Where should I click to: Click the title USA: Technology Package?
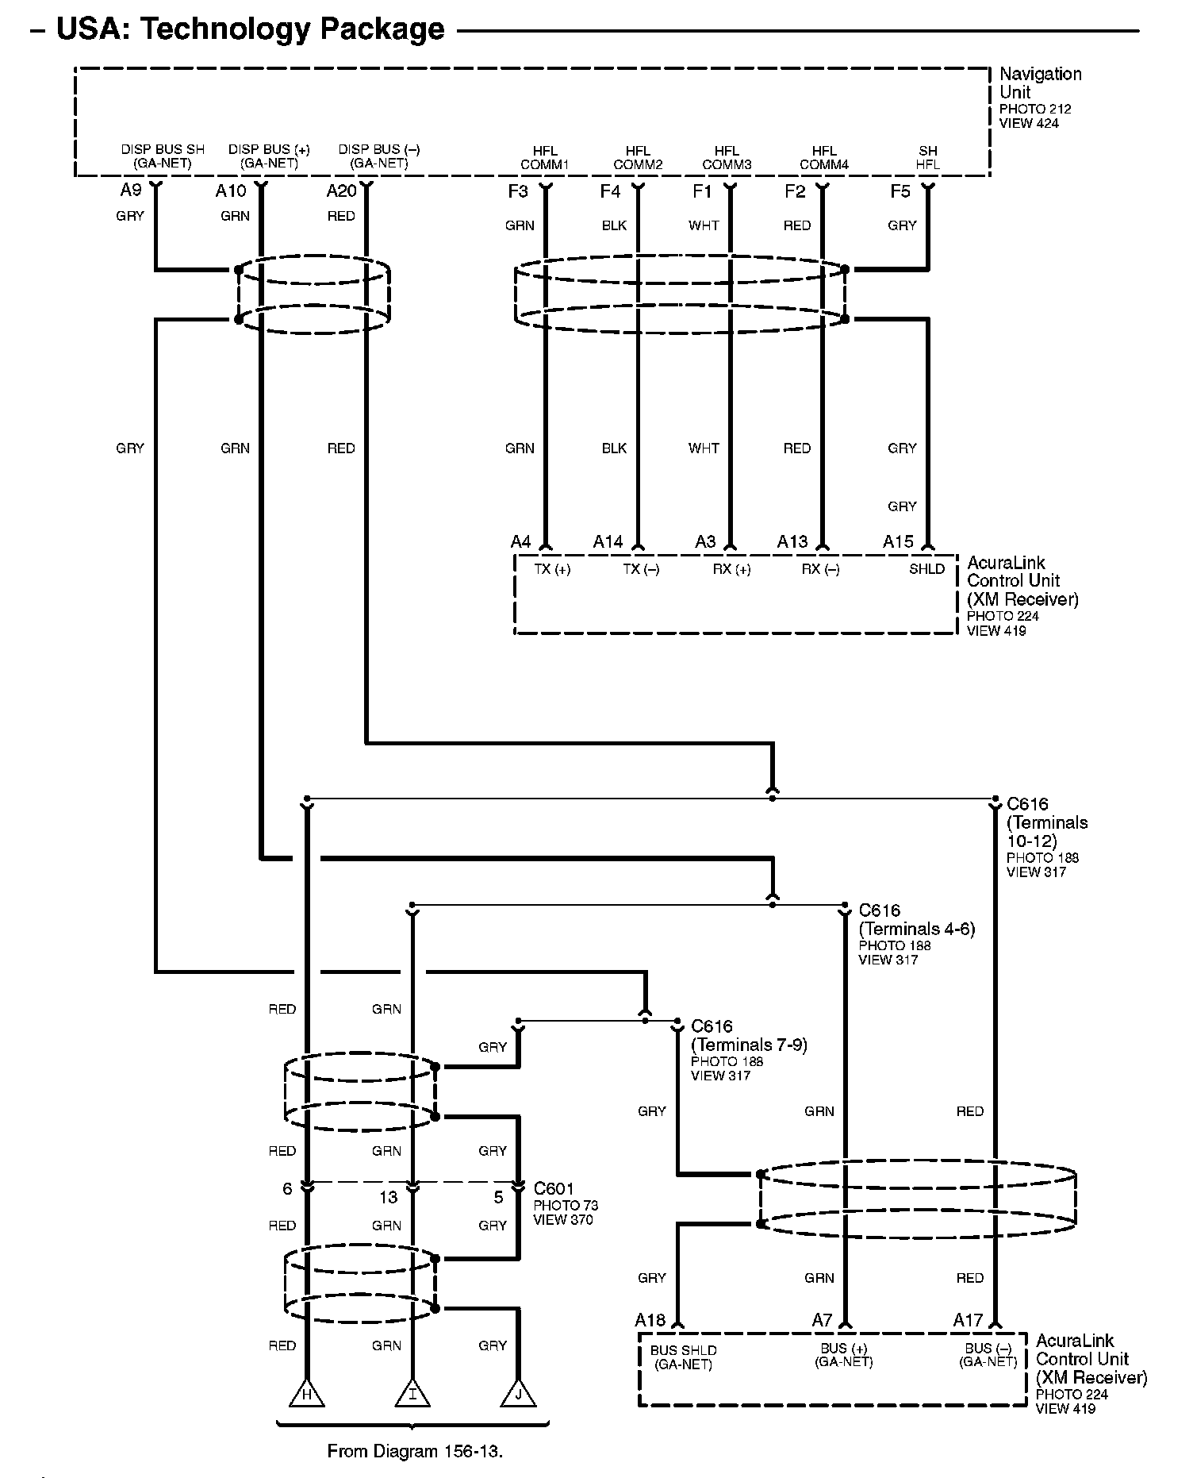250,29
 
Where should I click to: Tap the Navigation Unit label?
1039,83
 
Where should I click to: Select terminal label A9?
131,191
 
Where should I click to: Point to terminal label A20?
341,191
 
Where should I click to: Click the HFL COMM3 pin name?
727,158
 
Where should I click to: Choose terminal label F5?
900,191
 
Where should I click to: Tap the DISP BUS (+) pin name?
269,156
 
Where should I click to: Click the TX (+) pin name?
552,569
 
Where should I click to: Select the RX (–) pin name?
820,569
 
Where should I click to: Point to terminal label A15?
898,541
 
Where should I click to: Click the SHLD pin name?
926,569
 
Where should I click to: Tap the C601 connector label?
554,1188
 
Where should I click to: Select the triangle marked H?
306,1394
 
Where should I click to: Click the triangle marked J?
518,1394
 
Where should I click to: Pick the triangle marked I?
412,1394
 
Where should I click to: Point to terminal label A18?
650,1320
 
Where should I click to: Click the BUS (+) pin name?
843,1355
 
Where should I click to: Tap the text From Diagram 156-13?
415,1451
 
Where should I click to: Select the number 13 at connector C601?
388,1198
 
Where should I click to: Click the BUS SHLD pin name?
683,1357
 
